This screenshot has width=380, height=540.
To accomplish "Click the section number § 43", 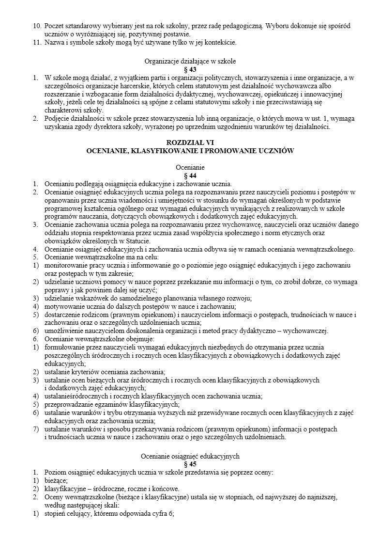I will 190,69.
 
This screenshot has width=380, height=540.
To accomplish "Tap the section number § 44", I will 190,175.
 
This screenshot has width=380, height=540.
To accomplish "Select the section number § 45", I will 190,464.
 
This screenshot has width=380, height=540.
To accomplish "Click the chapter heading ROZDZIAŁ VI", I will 190,143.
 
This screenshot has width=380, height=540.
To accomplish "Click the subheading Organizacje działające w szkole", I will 190,62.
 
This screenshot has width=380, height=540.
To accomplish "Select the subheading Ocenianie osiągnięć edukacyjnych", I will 190,456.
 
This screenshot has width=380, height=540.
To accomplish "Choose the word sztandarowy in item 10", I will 84,25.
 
